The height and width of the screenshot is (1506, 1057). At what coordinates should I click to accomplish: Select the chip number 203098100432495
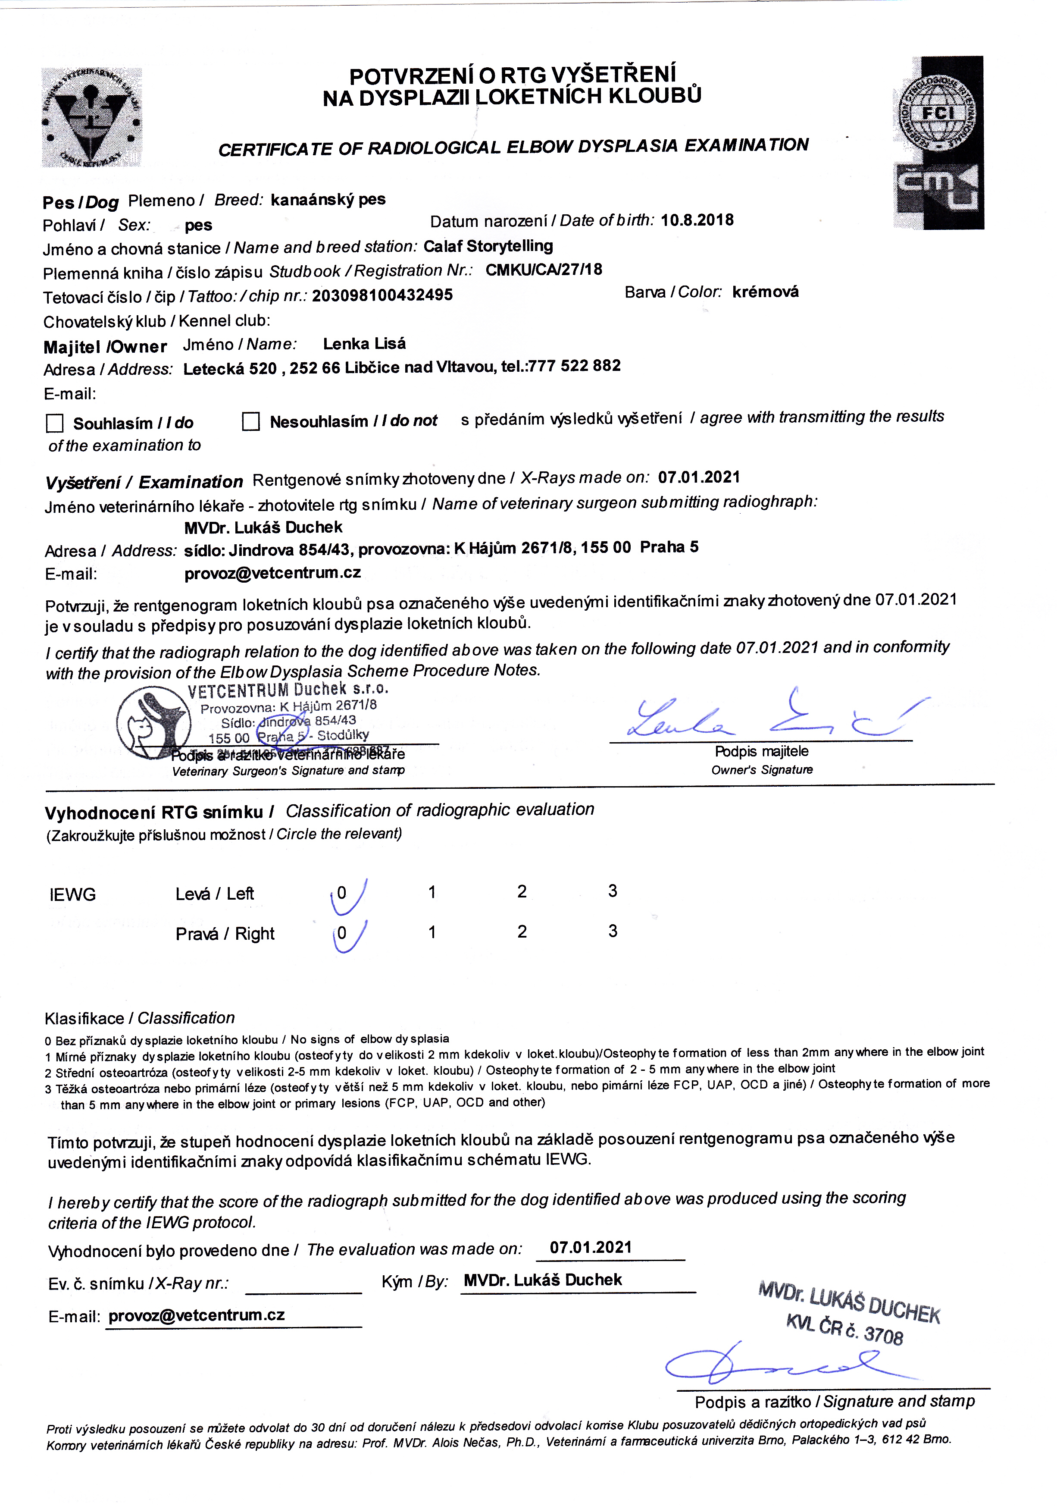pos(382,295)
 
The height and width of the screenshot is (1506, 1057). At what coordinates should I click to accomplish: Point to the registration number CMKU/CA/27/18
pos(544,270)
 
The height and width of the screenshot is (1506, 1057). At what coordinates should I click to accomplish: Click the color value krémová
pos(765,292)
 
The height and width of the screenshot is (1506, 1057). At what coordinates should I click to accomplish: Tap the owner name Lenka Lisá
pos(365,344)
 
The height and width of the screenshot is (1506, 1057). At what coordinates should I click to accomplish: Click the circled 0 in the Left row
pos(341,893)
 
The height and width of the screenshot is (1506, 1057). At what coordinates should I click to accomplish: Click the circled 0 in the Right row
pos(341,933)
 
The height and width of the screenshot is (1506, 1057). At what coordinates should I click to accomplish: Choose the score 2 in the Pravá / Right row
pos(522,932)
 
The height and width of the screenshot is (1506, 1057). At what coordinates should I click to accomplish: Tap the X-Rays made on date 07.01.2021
pos(698,477)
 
